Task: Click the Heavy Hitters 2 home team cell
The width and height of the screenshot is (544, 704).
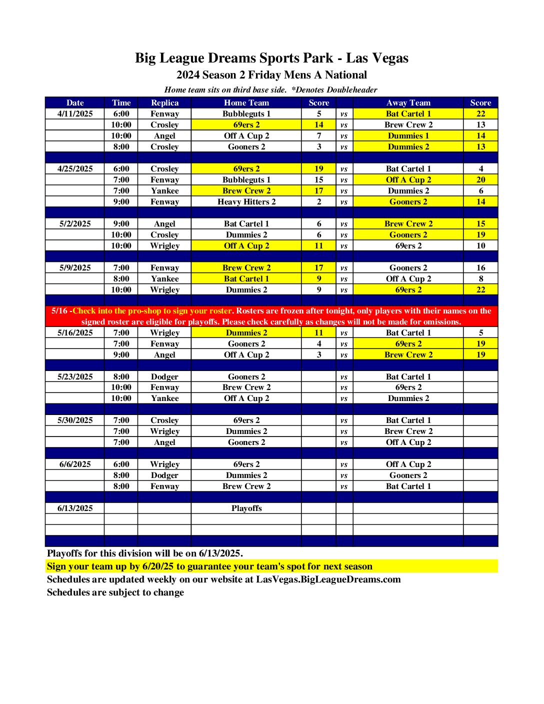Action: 246,202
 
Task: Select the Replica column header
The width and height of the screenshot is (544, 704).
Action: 164,103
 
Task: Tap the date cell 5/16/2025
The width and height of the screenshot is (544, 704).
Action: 75,333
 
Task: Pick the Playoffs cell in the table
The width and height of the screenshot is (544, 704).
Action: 246,508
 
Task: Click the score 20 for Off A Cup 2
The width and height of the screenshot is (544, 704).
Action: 480,180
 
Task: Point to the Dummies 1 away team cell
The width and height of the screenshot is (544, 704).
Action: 408,136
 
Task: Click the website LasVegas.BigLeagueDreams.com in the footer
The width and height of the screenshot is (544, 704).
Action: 328,579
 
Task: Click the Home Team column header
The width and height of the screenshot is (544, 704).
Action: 246,103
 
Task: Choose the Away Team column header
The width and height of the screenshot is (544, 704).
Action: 408,103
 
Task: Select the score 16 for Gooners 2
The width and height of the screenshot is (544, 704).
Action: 480,268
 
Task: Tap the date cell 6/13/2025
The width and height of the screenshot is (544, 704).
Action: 75,508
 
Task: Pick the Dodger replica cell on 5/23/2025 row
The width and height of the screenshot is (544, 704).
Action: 164,377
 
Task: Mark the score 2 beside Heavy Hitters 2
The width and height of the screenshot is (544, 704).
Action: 319,202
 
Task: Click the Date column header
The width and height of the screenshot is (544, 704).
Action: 75,103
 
